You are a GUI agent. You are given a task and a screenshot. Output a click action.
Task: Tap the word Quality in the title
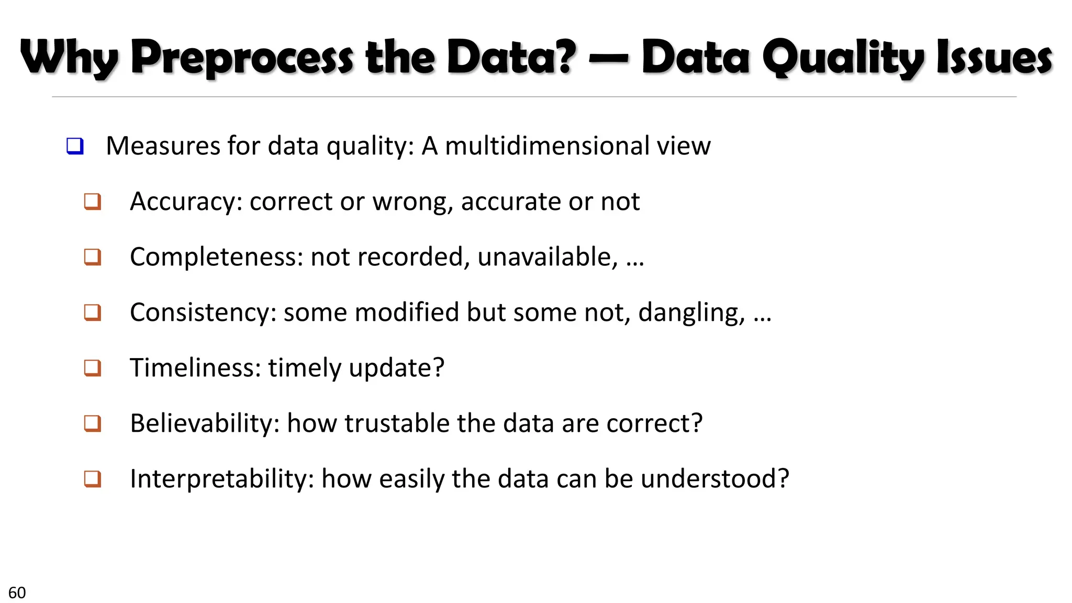point(843,58)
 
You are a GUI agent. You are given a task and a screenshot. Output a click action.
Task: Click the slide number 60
point(17,593)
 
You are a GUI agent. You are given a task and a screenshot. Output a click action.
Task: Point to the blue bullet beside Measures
point(75,146)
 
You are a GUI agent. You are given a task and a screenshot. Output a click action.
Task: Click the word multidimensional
point(548,146)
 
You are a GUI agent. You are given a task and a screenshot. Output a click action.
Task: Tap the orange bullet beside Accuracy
point(93,202)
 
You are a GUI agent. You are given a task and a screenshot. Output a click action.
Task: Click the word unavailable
point(547,257)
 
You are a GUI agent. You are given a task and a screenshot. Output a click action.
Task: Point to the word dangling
point(691,312)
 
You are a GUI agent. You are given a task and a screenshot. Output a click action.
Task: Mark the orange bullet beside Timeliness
point(93,368)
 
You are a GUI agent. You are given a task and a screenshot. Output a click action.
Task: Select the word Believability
point(205,423)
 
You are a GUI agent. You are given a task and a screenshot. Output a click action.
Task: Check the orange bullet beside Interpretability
point(93,479)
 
